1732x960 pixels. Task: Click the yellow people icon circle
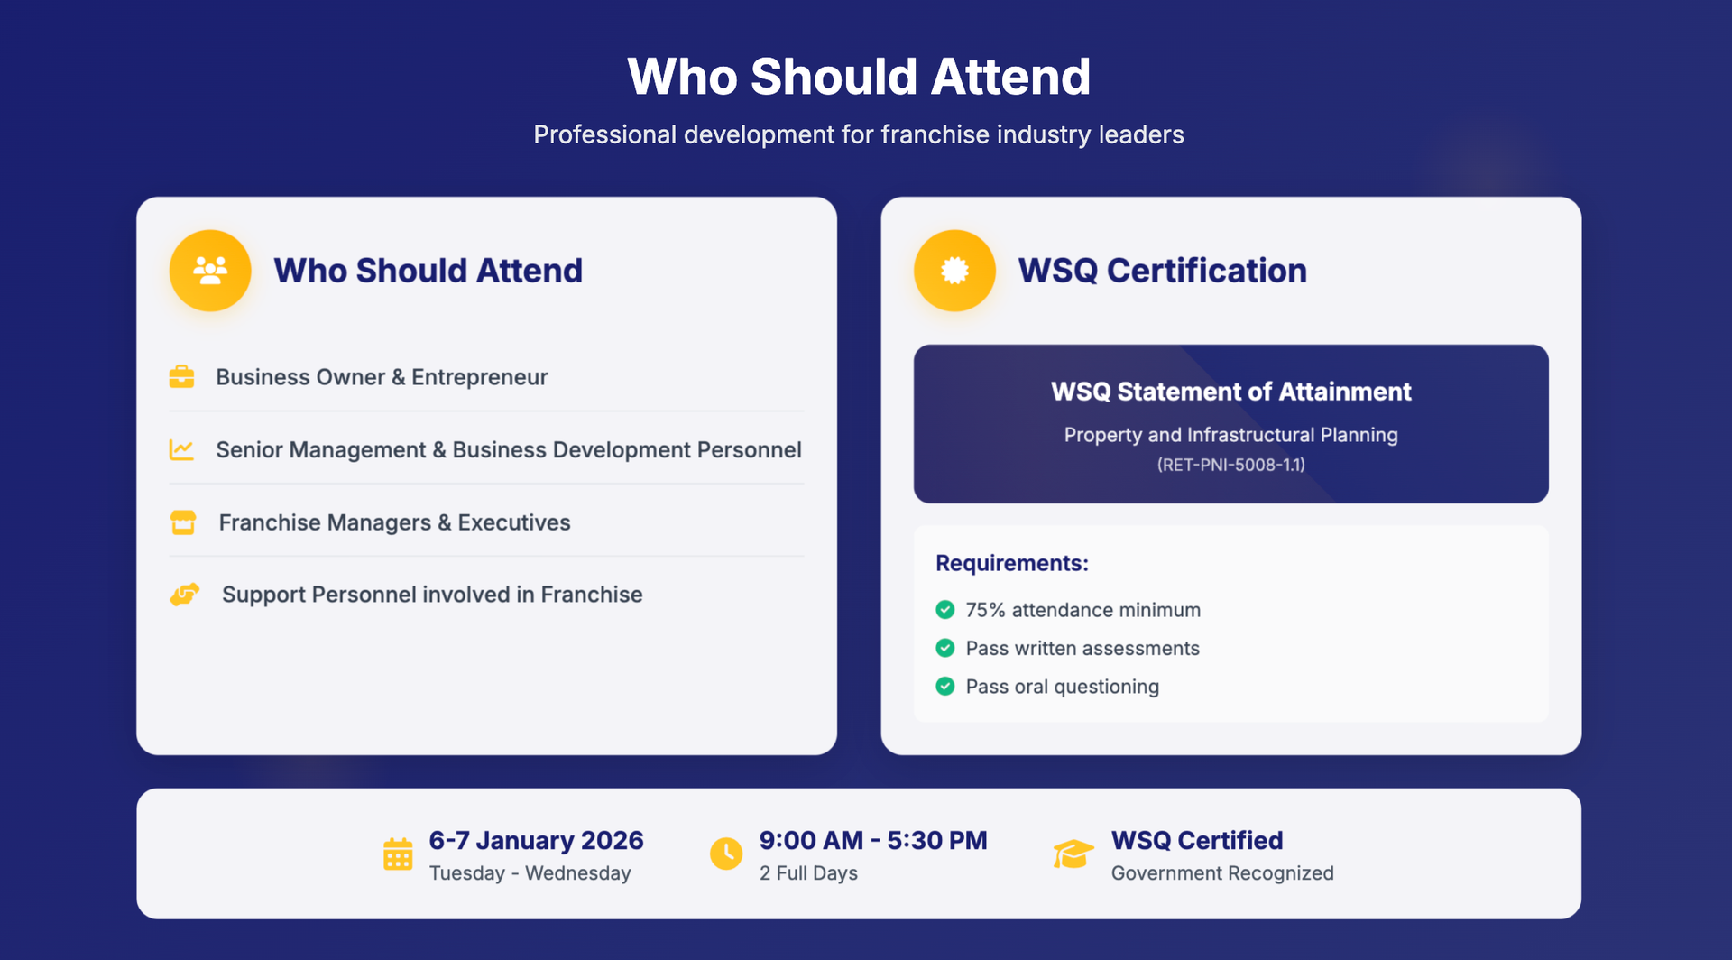coord(210,271)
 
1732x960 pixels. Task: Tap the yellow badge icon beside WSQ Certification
coord(954,271)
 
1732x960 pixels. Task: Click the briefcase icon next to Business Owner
coord(181,376)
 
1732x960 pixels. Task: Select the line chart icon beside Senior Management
coord(181,449)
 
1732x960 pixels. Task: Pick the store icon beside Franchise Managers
coord(183,522)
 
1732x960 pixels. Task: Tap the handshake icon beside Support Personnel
coord(185,595)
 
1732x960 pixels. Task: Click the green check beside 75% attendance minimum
coord(945,610)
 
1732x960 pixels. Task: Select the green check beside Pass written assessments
coord(945,648)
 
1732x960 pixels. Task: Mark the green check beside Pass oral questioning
coord(945,687)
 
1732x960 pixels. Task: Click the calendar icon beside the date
coord(398,854)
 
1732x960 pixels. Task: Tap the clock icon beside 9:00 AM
coord(726,854)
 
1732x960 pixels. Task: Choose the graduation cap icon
coord(1073,854)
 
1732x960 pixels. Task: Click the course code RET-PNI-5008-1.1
coord(1231,465)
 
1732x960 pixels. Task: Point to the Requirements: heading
coord(1012,563)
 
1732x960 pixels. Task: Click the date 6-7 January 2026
coord(536,840)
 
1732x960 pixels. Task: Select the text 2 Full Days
coord(808,873)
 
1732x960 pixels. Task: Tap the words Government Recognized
coord(1222,873)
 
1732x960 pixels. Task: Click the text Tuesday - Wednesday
coord(530,873)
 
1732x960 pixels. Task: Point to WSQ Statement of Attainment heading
coord(1231,392)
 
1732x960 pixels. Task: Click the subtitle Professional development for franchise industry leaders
coord(859,134)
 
